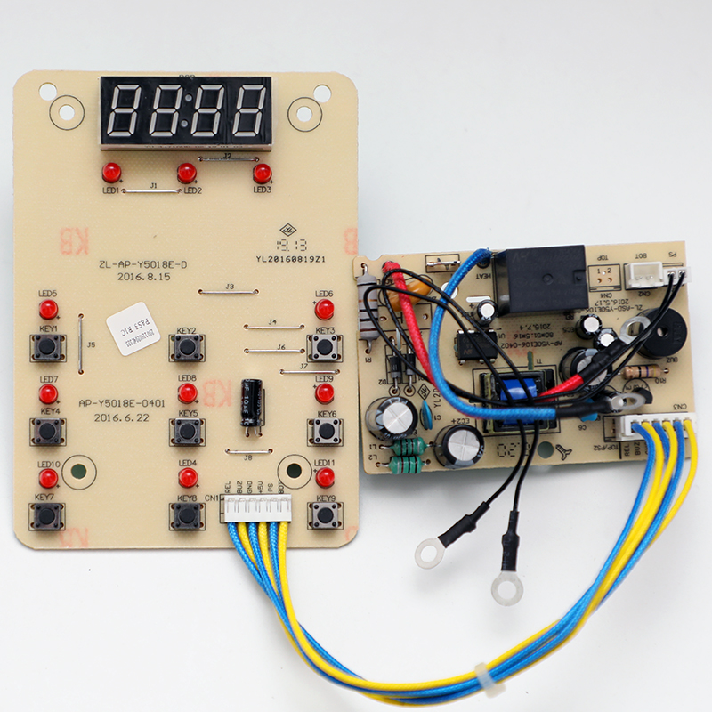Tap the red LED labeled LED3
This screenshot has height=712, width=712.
(x=262, y=173)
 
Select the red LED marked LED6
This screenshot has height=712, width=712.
(x=325, y=310)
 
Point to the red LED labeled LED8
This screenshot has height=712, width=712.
(x=187, y=392)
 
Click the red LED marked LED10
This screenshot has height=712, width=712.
(x=48, y=479)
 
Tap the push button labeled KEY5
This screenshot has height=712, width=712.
(x=187, y=432)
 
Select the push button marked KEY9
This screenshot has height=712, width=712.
(x=325, y=515)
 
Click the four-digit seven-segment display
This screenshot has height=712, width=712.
(x=186, y=110)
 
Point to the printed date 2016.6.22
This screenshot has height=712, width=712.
(x=118, y=417)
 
